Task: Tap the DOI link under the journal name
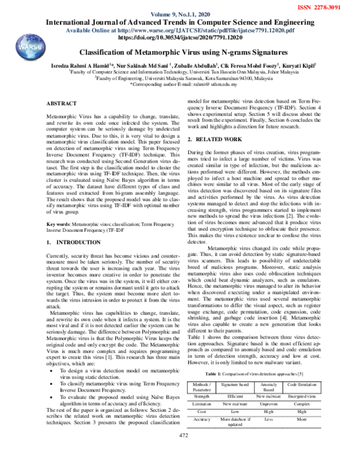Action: click(x=180, y=37)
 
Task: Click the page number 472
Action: click(x=180, y=451)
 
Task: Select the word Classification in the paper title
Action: click(x=105, y=52)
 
